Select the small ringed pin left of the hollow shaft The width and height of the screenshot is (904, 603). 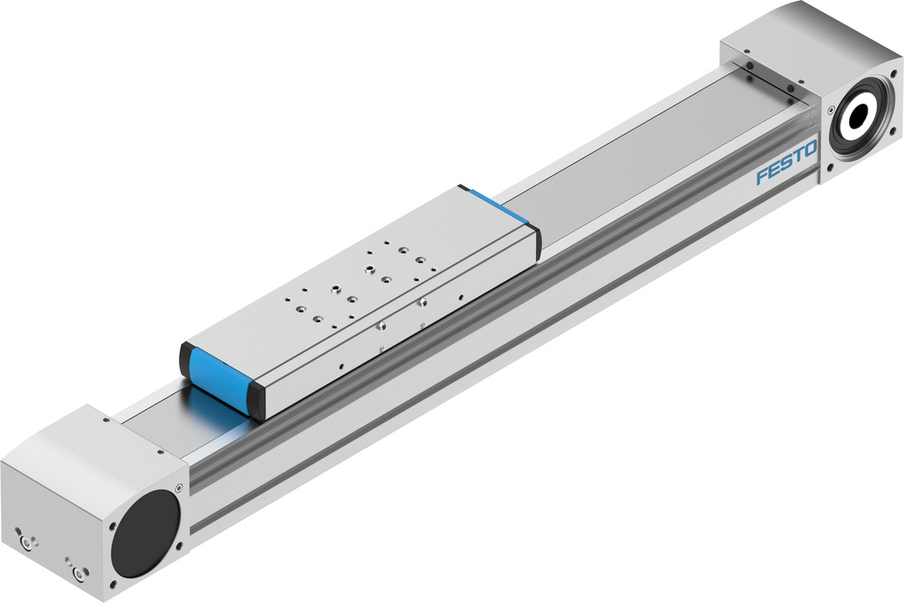(830, 108)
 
